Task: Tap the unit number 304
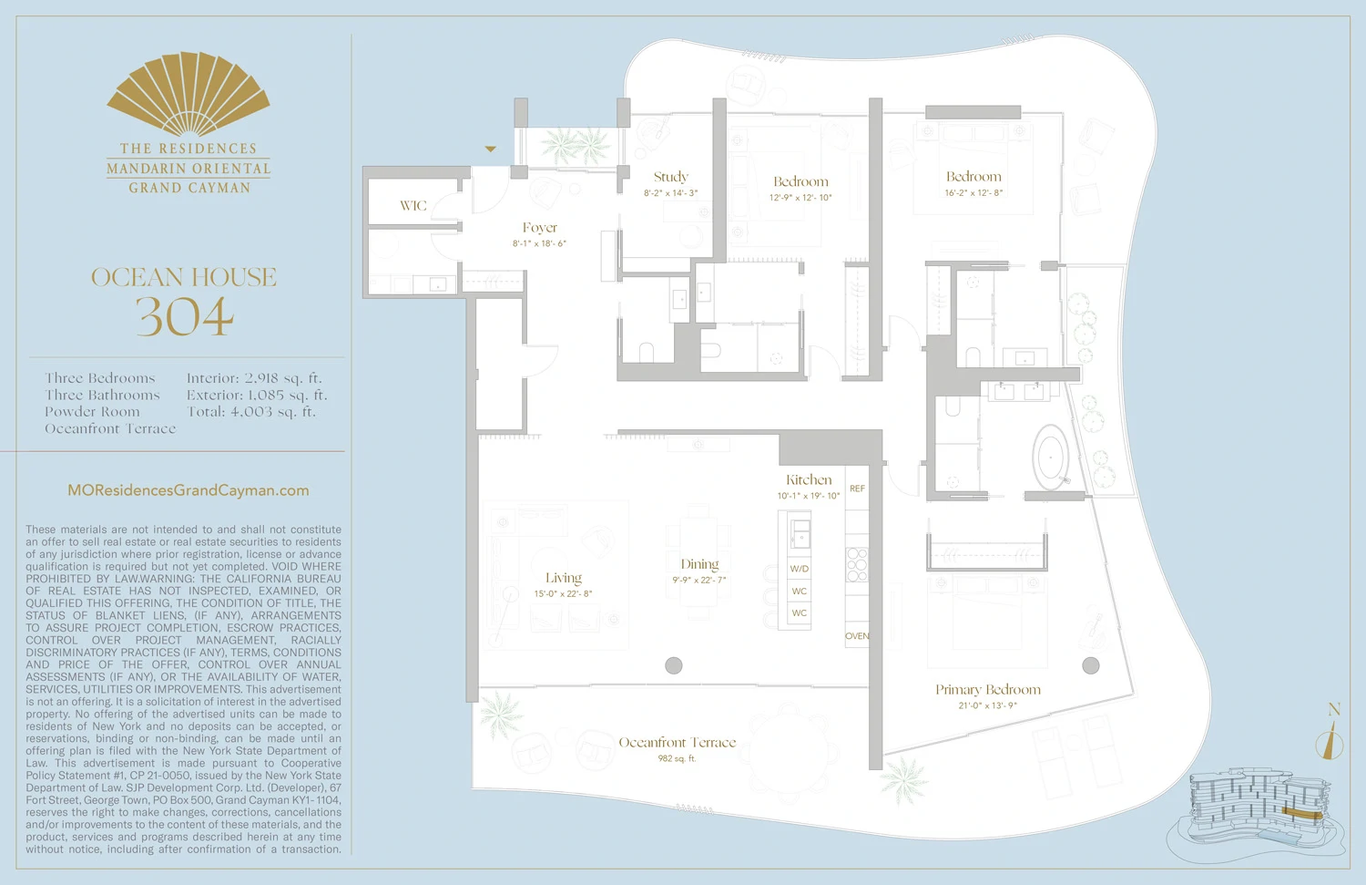pos(185,317)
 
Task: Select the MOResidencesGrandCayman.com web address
pos(189,490)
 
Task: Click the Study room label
pos(671,177)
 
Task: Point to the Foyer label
pos(539,228)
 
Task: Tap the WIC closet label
pos(413,206)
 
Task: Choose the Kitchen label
pos(809,479)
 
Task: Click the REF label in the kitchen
pos(857,489)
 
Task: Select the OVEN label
pos(857,636)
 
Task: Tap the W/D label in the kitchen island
pos(799,569)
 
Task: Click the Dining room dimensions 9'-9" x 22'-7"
pos(699,581)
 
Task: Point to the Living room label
pos(563,578)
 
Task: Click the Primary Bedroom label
pos(987,690)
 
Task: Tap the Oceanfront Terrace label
pos(677,743)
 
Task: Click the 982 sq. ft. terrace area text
pos(677,758)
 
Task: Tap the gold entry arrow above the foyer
pos(490,149)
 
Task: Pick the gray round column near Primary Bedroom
pos(1090,665)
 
